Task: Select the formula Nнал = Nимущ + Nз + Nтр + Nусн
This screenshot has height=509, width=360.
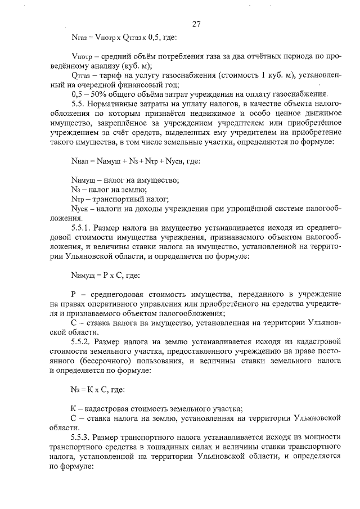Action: pos(132,161)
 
